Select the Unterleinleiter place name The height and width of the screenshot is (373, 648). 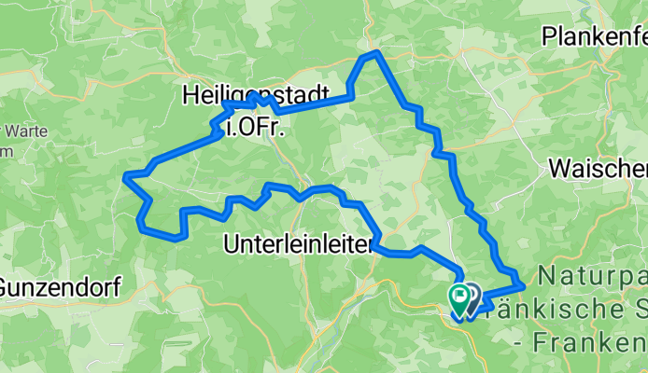coord(299,245)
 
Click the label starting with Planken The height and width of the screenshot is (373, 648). coord(594,38)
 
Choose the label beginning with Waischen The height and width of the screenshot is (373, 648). coord(598,169)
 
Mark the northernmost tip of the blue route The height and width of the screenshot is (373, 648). coord(375,53)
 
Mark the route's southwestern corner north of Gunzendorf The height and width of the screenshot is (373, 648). coord(141,225)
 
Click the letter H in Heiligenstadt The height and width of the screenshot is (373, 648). coord(190,94)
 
